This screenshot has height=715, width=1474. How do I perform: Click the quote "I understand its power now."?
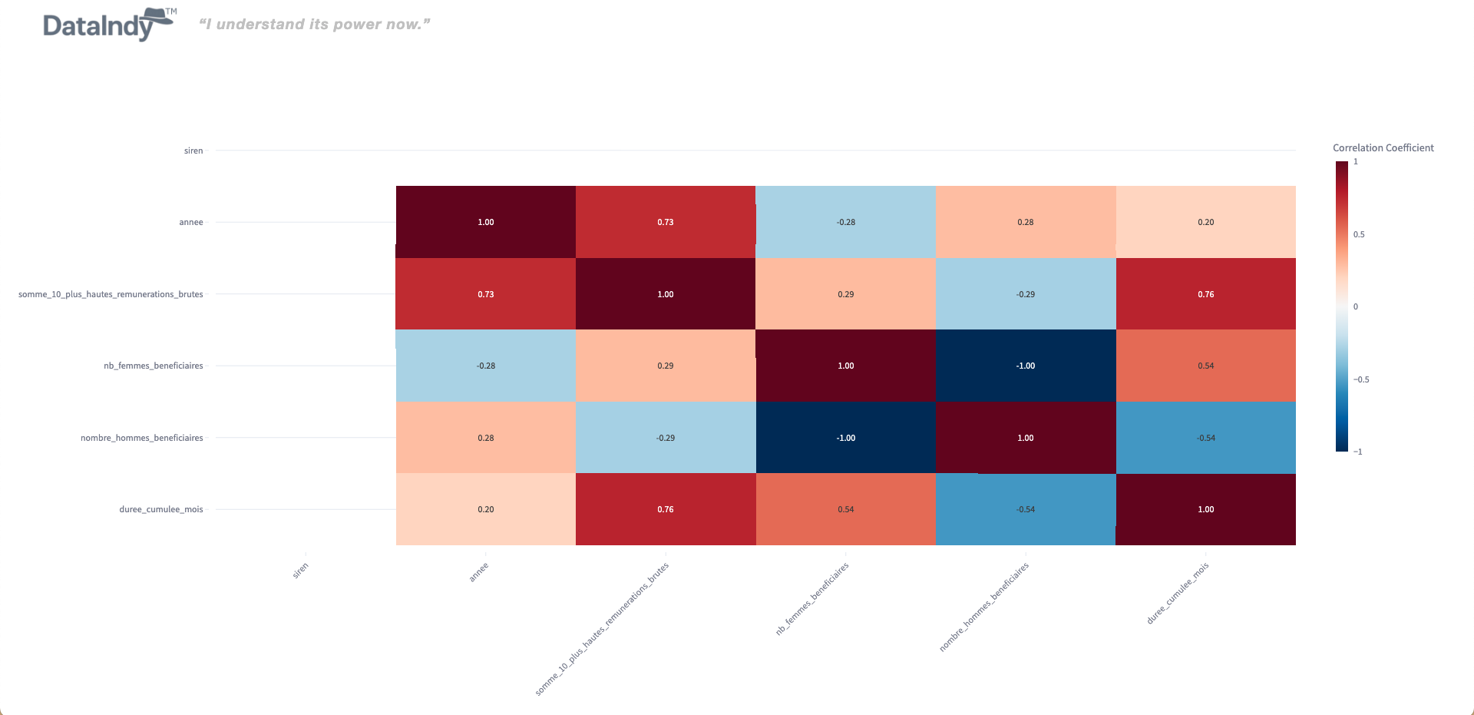pyautogui.click(x=314, y=25)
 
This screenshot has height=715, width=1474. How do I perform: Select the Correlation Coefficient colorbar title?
pyautogui.click(x=1383, y=148)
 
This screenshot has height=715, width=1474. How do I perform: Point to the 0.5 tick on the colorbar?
pyautogui.click(x=1359, y=235)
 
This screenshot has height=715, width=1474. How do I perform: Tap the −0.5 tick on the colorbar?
pyautogui.click(x=1360, y=379)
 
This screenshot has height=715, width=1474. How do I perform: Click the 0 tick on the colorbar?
pyautogui.click(x=1356, y=307)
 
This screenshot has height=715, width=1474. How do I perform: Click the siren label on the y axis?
pyautogui.click(x=193, y=151)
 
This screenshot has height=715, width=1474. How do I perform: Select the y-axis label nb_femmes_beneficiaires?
pyautogui.click(x=154, y=366)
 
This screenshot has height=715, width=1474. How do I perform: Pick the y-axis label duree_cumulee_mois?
pyautogui.click(x=161, y=510)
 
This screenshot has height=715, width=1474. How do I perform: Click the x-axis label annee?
pyautogui.click(x=479, y=572)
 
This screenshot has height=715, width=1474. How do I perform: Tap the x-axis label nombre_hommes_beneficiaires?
pyautogui.click(x=984, y=607)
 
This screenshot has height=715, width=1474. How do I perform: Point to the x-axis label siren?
pyautogui.click(x=300, y=570)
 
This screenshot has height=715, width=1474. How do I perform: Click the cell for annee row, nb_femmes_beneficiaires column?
pyautogui.click(x=845, y=222)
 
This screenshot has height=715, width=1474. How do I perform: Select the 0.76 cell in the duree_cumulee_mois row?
pyautogui.click(x=666, y=509)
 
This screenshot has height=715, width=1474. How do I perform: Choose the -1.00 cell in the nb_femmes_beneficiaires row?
pyautogui.click(x=1026, y=366)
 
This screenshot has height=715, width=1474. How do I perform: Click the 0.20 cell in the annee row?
pyautogui.click(x=1205, y=222)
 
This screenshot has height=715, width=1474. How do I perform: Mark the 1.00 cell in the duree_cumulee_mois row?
pyautogui.click(x=1205, y=509)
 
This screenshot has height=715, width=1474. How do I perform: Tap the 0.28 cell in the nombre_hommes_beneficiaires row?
pyautogui.click(x=486, y=438)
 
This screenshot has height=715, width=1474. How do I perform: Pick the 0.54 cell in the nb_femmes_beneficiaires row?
pyautogui.click(x=1205, y=366)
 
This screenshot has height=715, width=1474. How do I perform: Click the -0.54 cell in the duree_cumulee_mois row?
pyautogui.click(x=1026, y=509)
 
